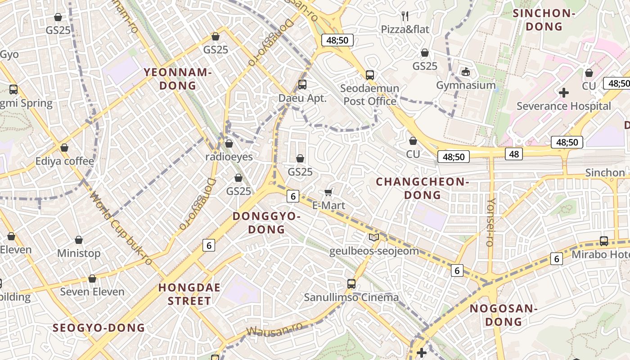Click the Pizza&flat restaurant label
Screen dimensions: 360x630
coord(405,30)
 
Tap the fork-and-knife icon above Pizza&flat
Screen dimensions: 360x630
coord(405,16)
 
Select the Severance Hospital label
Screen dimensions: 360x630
coord(563,106)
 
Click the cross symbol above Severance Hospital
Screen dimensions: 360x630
coord(563,93)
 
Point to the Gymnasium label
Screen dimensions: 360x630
coord(466,85)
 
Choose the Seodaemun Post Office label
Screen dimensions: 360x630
coord(369,94)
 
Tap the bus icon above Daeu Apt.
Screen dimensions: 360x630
coord(302,84)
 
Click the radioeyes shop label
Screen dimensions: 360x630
coord(229,157)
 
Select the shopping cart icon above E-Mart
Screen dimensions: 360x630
coord(328,193)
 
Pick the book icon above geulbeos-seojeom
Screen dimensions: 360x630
coord(373,237)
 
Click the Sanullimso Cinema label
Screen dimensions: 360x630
coord(351,297)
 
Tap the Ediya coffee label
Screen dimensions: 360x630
coord(65,161)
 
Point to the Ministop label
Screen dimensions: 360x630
coord(79,253)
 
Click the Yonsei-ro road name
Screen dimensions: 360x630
coord(491,222)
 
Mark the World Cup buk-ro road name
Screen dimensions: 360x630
coord(121,229)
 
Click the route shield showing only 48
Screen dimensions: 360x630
coord(513,154)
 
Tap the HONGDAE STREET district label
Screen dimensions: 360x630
coord(189,294)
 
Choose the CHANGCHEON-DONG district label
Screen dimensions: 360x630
coord(423,188)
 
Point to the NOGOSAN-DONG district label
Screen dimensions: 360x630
coord(504,315)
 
